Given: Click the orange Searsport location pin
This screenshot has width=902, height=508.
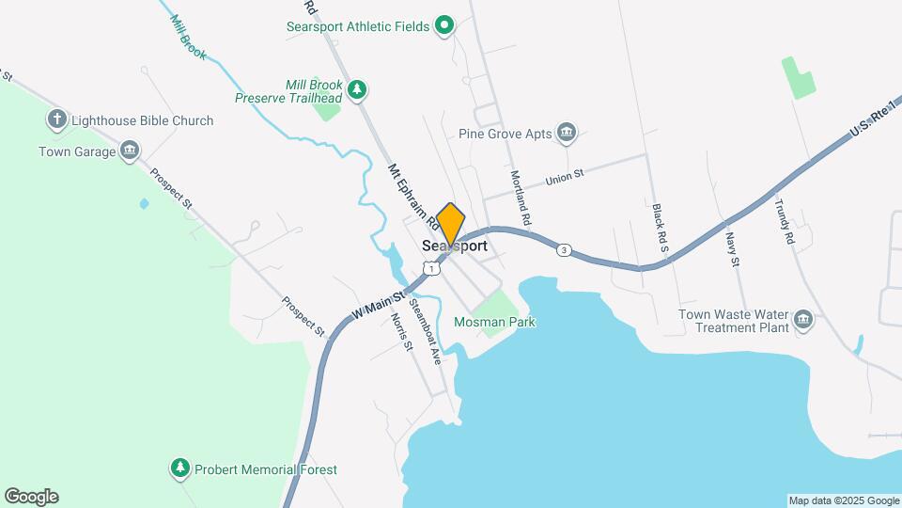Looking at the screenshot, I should [451, 224].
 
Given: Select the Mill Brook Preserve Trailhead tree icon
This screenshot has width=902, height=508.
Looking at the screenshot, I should [356, 89].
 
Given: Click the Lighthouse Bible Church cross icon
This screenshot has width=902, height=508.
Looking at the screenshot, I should [57, 119].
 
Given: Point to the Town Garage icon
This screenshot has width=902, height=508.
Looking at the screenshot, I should [130, 151].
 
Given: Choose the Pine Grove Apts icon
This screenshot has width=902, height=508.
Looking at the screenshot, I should [566, 133].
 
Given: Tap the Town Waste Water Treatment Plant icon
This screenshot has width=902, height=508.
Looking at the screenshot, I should [803, 320].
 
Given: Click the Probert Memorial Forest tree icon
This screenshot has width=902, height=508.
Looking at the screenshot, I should [179, 468].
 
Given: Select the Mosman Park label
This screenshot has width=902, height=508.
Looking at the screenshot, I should [494, 322].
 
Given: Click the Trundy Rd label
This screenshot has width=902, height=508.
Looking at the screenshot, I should [785, 222].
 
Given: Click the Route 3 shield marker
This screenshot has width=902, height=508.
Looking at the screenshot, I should [563, 249].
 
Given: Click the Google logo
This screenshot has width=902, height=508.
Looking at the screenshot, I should [31, 497].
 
